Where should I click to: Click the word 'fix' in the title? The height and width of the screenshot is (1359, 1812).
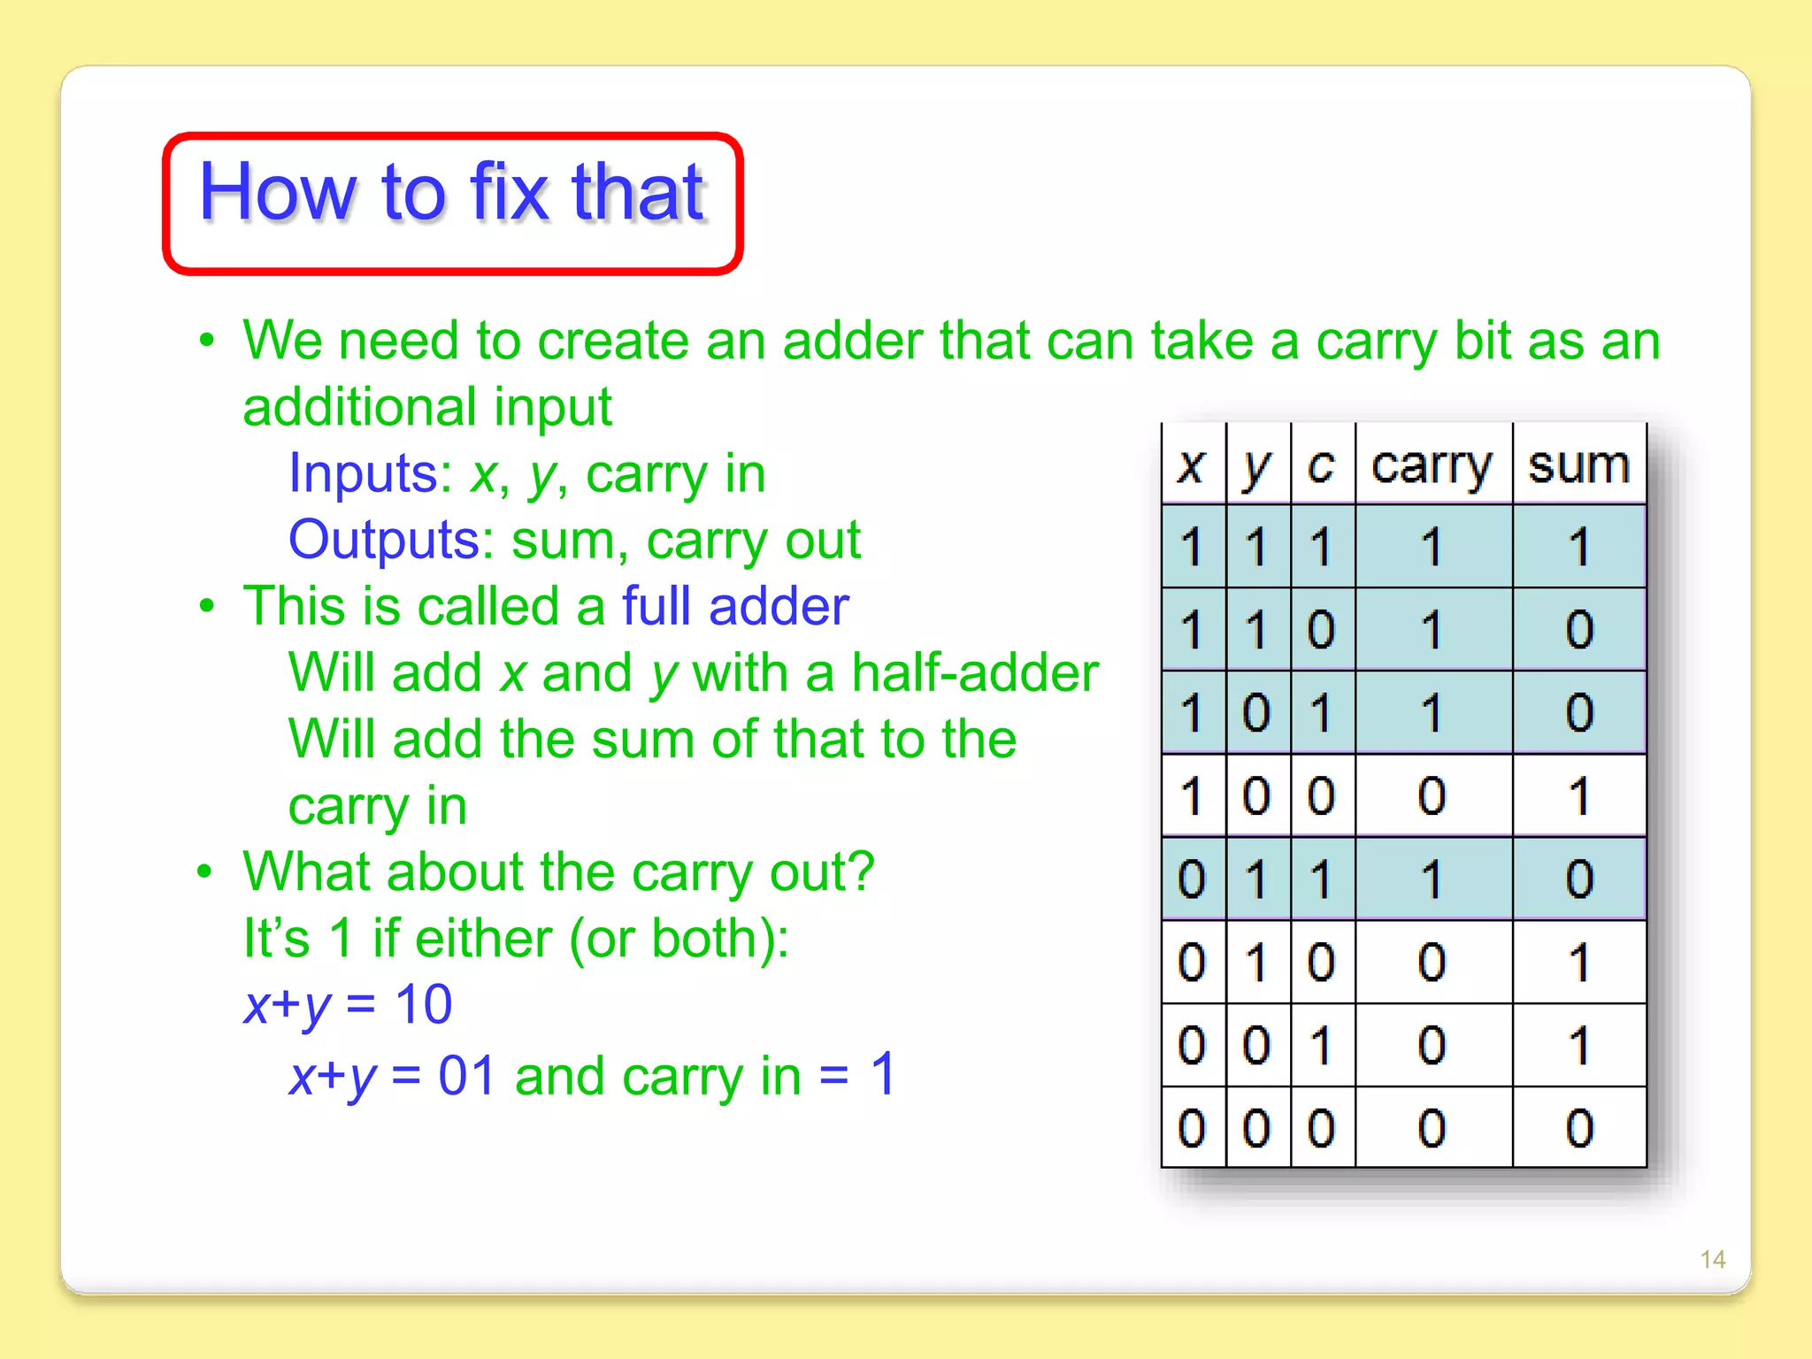coord(509,192)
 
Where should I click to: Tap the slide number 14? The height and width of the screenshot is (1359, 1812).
coord(1712,1259)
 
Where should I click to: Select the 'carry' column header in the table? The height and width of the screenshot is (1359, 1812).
coord(1432,466)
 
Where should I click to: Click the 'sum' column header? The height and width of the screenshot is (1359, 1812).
coord(1578,465)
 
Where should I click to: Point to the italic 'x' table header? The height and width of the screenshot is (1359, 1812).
coord(1191,466)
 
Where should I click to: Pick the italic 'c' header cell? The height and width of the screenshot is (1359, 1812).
coord(1321,466)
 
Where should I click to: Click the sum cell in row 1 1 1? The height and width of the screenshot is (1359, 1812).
coord(1579,547)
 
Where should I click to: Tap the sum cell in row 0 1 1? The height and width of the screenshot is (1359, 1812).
coord(1579,879)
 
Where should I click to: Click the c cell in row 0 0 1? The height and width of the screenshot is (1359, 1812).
coord(1321,1046)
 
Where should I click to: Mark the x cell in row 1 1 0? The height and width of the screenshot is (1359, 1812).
coord(1192,630)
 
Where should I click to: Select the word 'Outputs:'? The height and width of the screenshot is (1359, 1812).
coord(390,540)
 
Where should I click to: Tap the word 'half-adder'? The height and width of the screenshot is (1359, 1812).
coord(975,673)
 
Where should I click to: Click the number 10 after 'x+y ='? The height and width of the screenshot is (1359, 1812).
coord(423,1005)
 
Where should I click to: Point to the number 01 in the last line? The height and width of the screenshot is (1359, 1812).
coord(466,1076)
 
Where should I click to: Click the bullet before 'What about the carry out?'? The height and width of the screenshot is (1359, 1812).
coord(205,871)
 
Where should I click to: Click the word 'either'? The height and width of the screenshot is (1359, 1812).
coord(483,938)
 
